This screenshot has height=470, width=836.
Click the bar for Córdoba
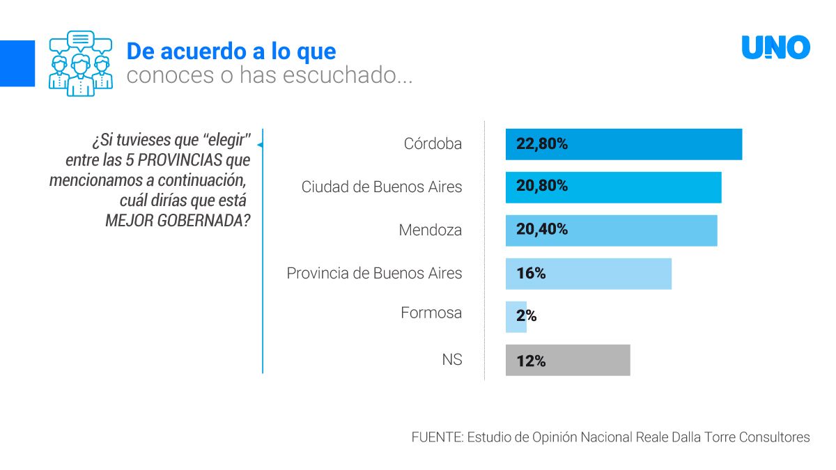point(624,145)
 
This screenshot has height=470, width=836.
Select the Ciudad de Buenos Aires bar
point(613,187)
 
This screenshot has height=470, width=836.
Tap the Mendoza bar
point(611,230)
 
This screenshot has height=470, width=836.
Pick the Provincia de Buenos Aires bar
point(589,274)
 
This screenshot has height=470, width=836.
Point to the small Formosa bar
point(516,317)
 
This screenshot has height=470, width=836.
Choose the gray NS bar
point(568,361)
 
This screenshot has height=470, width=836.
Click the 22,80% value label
point(542,144)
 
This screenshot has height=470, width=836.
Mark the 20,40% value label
point(542,229)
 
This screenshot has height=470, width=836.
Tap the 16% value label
point(531,273)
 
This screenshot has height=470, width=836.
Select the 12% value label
point(531,361)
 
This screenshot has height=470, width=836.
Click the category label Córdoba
point(433,144)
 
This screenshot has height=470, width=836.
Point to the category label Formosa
point(431,313)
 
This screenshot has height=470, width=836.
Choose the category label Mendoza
point(430,230)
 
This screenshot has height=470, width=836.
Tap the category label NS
point(451,360)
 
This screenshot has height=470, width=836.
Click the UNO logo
point(775,48)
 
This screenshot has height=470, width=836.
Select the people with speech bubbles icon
point(80,63)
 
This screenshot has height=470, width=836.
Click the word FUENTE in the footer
point(436,437)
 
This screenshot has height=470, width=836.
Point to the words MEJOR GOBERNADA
point(178,221)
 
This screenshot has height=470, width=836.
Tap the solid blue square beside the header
point(17,63)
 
